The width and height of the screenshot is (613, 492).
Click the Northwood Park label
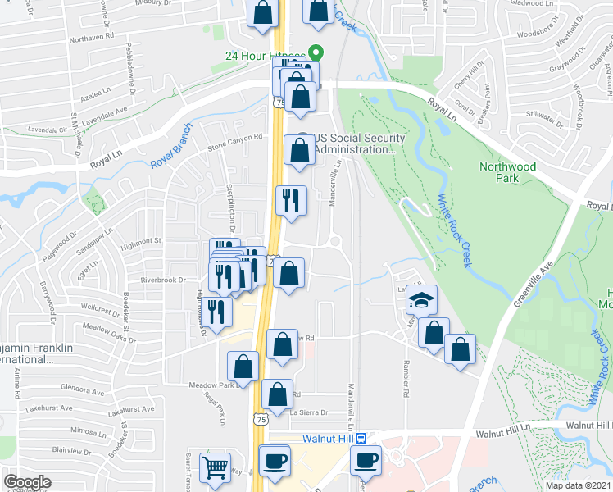tap(508, 172)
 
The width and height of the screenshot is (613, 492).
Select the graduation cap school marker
tap(422, 301)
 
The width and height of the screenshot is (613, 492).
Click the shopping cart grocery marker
tap(216, 468)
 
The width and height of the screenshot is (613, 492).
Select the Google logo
tap(27, 482)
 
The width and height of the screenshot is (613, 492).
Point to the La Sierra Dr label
tap(309, 412)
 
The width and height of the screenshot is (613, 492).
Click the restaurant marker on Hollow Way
tap(216, 312)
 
